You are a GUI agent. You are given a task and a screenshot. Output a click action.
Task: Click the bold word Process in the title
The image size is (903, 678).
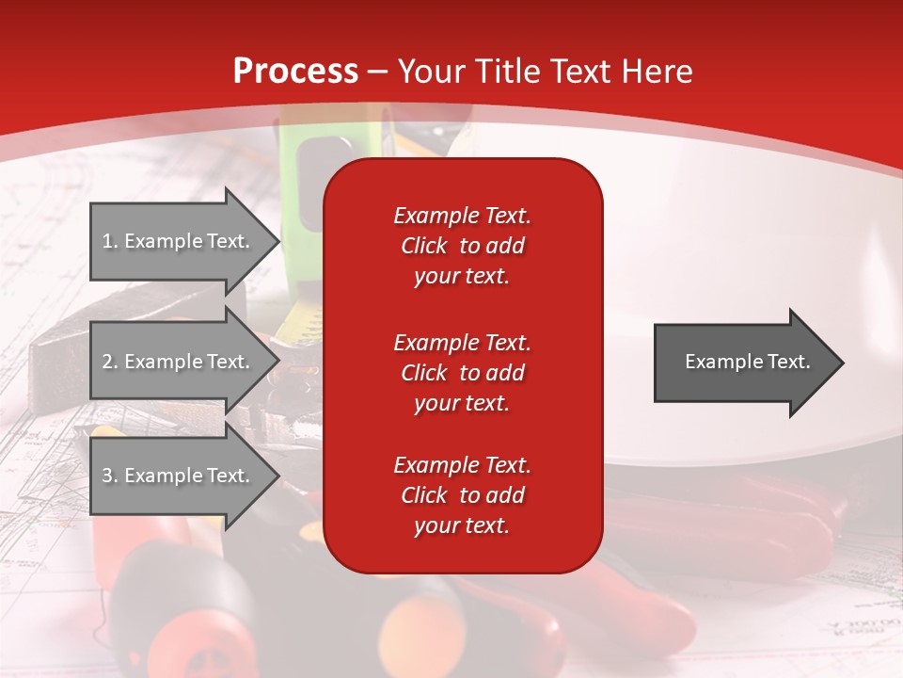(x=295, y=72)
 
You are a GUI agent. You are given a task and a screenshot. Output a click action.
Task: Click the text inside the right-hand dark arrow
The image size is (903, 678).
(x=747, y=362)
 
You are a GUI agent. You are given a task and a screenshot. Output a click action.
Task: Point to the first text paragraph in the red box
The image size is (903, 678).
(x=462, y=246)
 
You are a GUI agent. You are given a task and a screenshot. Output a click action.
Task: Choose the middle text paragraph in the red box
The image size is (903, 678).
(x=462, y=373)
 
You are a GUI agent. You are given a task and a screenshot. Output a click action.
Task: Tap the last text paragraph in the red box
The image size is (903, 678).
(x=462, y=495)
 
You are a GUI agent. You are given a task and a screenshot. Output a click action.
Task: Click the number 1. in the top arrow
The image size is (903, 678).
(x=110, y=241)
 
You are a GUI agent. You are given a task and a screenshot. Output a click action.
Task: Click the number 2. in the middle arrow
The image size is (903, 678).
(x=110, y=362)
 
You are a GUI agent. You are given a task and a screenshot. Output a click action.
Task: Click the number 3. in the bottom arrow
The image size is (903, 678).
(x=110, y=476)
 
